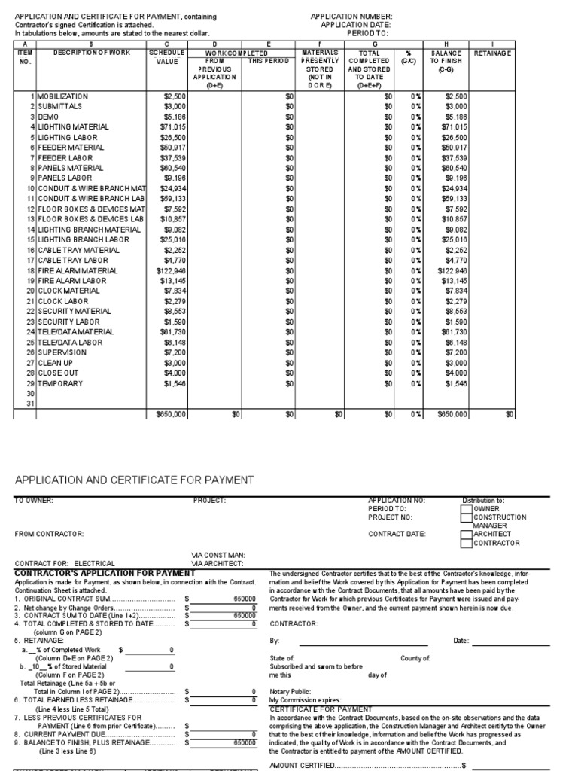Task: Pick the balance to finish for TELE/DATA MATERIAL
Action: (x=454, y=332)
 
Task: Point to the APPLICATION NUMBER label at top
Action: (x=351, y=15)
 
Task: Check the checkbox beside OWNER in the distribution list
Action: (x=466, y=509)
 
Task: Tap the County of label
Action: (x=415, y=658)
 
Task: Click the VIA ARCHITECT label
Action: (x=218, y=563)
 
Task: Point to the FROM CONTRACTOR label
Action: (x=46, y=534)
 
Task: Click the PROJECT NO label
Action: (x=391, y=517)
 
